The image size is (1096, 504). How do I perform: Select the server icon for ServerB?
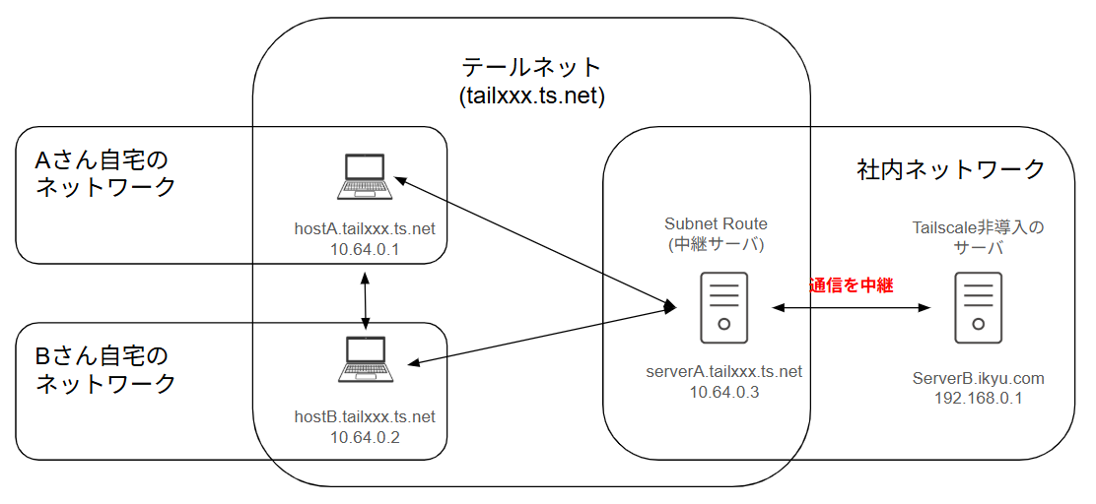coord(978,307)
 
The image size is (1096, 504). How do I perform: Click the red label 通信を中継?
coord(851,285)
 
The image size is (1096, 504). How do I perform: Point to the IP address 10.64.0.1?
coord(365,249)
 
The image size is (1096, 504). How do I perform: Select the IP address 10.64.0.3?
coord(724,392)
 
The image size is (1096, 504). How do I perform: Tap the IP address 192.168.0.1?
coord(978,398)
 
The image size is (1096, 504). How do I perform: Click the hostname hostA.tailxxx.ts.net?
coord(365,229)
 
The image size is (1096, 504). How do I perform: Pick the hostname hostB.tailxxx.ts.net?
coord(365,416)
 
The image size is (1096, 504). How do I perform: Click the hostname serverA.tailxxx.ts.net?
coord(724,372)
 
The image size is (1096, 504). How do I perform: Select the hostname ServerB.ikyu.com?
coord(978,378)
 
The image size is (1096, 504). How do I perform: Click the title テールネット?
coord(531,67)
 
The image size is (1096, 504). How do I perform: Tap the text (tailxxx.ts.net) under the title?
coord(531,96)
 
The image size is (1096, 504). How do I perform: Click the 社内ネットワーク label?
coord(950,169)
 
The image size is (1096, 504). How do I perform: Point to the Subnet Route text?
coord(716,223)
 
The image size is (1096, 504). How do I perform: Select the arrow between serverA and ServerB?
coord(851,308)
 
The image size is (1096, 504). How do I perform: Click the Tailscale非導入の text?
coord(978,228)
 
